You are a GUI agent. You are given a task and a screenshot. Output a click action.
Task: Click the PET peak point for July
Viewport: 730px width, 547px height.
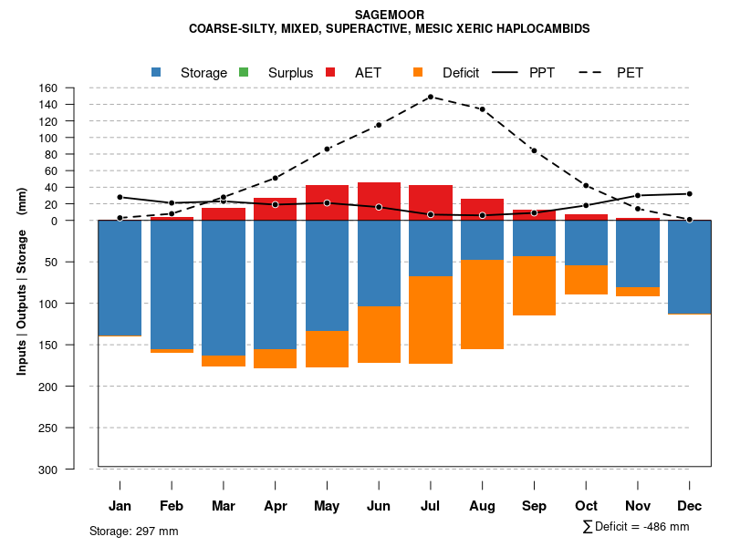pyautogui.click(x=430, y=97)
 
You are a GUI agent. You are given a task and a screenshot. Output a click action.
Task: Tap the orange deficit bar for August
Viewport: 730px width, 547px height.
pyautogui.click(x=482, y=304)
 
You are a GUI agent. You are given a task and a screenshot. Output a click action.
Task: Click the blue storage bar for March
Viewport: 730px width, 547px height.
pyautogui.click(x=224, y=287)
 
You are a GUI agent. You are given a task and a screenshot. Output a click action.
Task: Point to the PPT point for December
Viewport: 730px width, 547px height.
pyautogui.click(x=690, y=193)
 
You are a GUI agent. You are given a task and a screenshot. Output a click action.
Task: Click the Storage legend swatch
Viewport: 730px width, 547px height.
pyautogui.click(x=156, y=72)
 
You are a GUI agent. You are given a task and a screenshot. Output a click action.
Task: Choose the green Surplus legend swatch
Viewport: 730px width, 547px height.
pyautogui.click(x=244, y=72)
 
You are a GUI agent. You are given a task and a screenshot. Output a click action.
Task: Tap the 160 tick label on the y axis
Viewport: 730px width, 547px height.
pyautogui.click(x=48, y=88)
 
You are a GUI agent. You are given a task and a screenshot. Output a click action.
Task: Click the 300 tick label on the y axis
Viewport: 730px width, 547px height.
pyautogui.click(x=48, y=469)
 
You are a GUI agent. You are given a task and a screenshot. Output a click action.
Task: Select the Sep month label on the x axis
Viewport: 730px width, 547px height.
pyautogui.click(x=535, y=506)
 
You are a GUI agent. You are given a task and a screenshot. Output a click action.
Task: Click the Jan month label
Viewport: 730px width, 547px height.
pyautogui.click(x=120, y=506)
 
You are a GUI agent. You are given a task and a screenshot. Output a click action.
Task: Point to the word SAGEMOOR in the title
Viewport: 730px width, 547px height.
pyautogui.click(x=389, y=15)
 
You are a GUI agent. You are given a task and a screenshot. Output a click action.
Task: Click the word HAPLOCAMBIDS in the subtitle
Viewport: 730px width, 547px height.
pyautogui.click(x=543, y=28)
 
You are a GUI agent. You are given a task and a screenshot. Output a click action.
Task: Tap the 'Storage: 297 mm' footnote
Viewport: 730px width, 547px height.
pyautogui.click(x=133, y=531)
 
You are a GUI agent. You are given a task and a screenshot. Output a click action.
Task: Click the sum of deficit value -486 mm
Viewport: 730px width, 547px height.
pyautogui.click(x=660, y=526)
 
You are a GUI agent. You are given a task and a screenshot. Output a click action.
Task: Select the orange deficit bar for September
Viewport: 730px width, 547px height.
pyautogui.click(x=534, y=285)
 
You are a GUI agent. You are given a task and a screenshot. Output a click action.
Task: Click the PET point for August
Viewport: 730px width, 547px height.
pyautogui.click(x=482, y=109)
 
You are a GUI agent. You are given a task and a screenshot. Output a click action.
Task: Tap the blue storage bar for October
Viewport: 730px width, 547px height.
pyautogui.click(x=586, y=243)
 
